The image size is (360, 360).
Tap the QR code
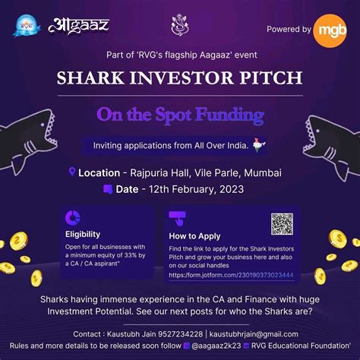(x=282, y=223)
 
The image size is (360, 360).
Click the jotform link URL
(x=231, y=275)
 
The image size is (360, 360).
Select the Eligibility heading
(x=83, y=234)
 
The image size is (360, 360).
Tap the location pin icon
(x=72, y=172)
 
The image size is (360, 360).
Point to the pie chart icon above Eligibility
(x=73, y=217)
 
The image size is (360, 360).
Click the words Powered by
(x=289, y=29)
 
